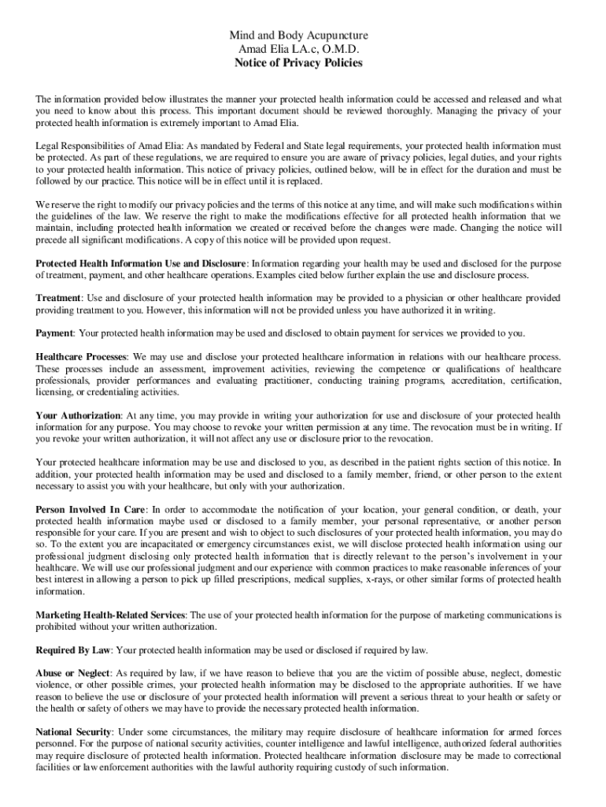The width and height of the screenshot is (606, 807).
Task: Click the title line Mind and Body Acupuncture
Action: pyautogui.click(x=298, y=36)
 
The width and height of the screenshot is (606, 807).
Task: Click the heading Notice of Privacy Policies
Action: pyautogui.click(x=298, y=63)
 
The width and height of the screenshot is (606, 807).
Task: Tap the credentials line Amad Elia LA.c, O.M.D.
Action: pyautogui.click(x=298, y=50)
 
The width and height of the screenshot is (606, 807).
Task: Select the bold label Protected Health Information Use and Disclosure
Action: pyautogui.click(x=142, y=262)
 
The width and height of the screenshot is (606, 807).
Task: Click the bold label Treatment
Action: pyautogui.click(x=59, y=299)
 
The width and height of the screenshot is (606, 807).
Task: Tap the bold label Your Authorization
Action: pyautogui.click(x=78, y=415)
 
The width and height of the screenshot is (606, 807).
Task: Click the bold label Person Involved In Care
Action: pyautogui.click(x=91, y=510)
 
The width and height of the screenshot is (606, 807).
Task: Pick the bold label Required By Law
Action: pyautogui.click(x=73, y=650)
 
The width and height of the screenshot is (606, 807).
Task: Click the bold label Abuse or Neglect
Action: pyautogui.click(x=72, y=674)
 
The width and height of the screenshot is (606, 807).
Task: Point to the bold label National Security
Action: pyautogui.click(x=75, y=732)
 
